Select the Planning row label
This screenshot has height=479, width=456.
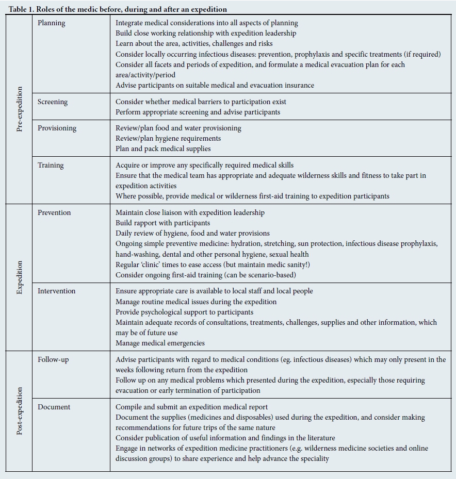52,23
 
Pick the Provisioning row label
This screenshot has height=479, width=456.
57,128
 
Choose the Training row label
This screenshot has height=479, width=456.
51,165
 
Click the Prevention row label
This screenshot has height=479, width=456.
54,212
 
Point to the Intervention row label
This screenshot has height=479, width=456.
56,291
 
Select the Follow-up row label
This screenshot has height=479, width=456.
53,359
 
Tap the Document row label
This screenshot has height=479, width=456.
53,407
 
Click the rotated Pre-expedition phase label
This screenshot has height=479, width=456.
20,109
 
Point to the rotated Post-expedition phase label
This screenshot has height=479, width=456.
20,410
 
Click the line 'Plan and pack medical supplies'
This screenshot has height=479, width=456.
163,148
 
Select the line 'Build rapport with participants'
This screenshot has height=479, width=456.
162,223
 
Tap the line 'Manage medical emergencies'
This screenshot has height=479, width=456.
160,343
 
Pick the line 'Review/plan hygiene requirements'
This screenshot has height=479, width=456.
168,138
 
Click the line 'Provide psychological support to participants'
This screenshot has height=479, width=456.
184,312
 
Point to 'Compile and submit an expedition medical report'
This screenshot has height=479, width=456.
192,407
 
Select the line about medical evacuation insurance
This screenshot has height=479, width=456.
215,85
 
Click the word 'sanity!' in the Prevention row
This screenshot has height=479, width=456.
297,265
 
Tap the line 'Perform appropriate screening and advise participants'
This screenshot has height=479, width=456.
198,112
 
